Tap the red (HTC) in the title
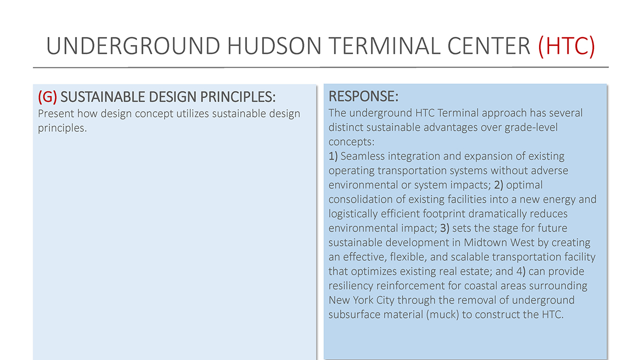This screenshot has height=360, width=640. click(566, 46)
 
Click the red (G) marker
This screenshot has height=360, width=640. click(47, 97)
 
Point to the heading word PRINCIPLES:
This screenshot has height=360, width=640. click(237, 97)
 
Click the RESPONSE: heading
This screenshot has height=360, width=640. click(363, 96)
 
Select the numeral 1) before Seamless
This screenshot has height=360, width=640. click(333, 156)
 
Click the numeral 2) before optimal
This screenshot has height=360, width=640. click(498, 185)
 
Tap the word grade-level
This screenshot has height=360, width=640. click(531, 127)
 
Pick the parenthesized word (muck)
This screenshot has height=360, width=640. click(442, 315)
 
